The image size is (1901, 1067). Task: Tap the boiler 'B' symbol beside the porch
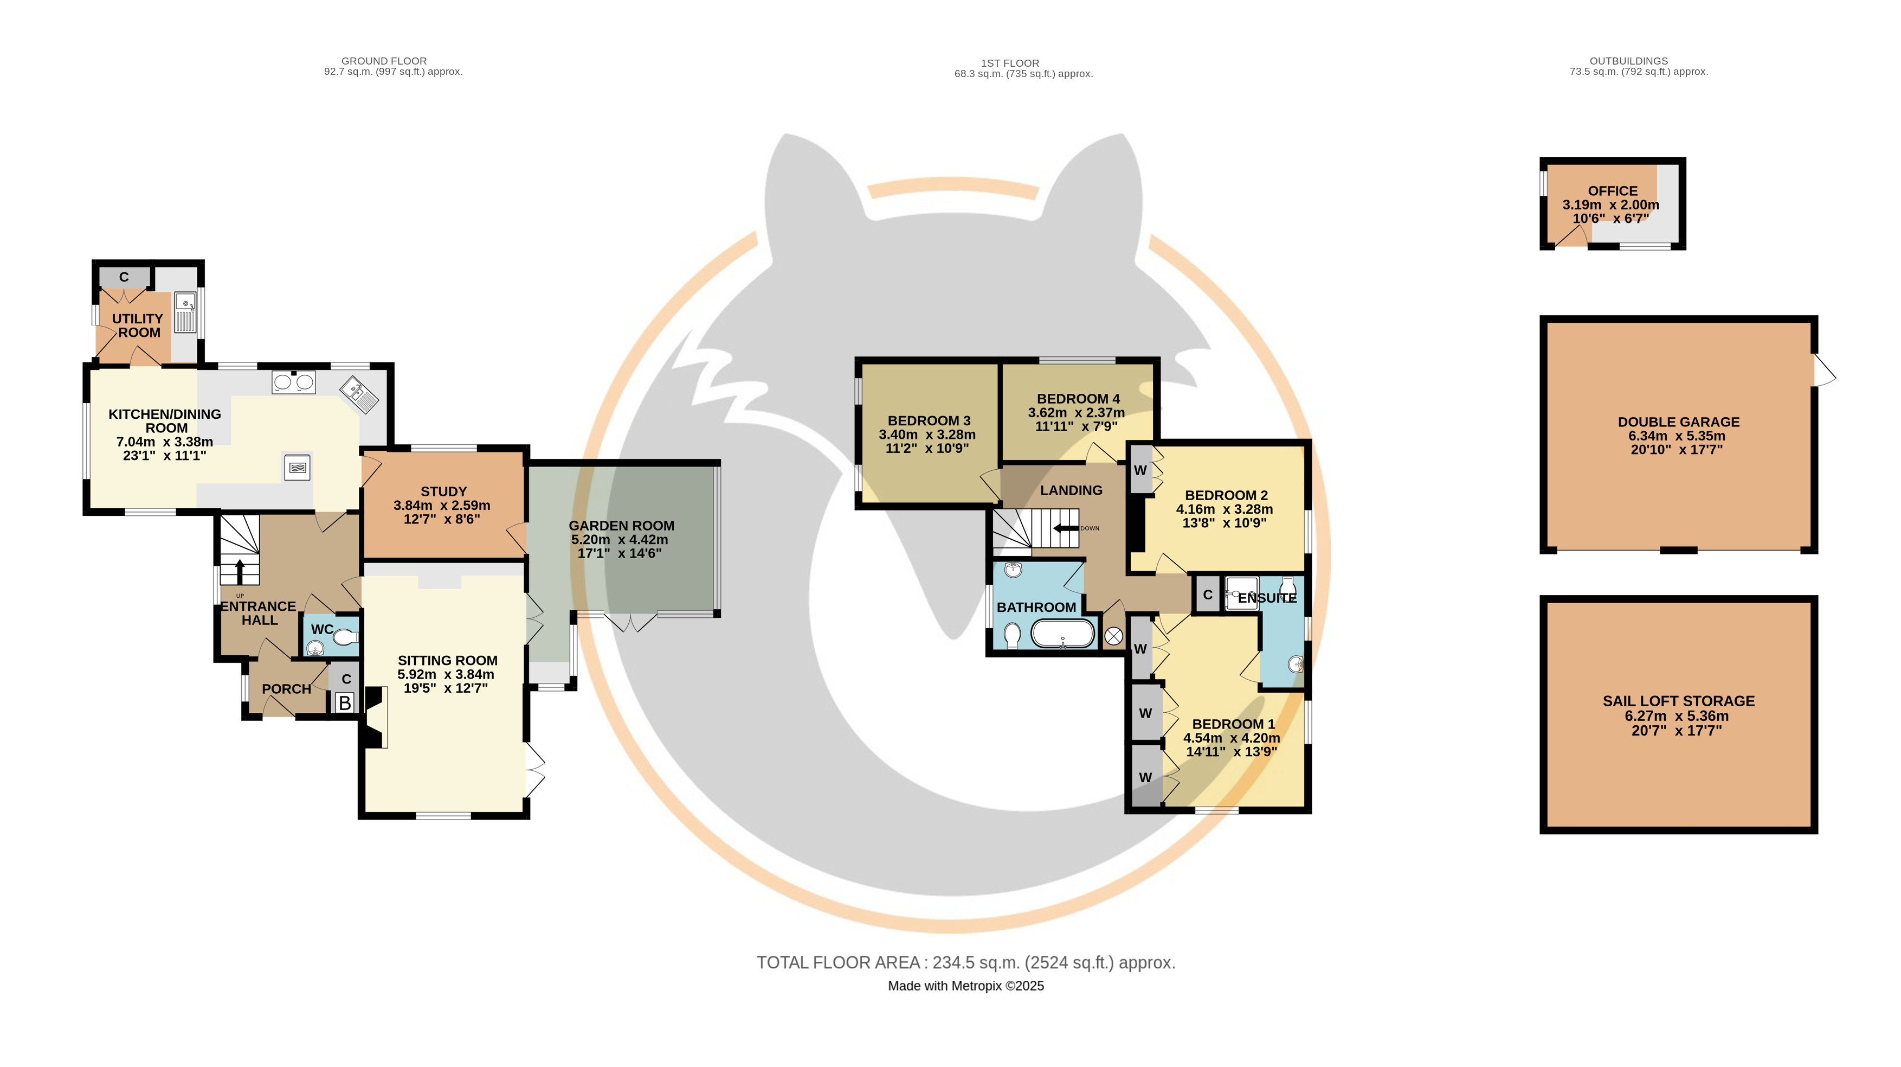pyautogui.click(x=345, y=703)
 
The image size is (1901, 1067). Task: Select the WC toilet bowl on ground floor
pyautogui.click(x=345, y=636)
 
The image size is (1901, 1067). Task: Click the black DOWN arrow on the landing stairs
pyautogui.click(x=1066, y=528)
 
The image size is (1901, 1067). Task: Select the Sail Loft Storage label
pyautogui.click(x=1679, y=701)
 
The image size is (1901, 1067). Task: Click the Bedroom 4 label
pyautogui.click(x=1078, y=399)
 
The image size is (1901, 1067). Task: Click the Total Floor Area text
pyautogui.click(x=966, y=963)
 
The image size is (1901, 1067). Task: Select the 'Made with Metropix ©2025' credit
pyautogui.click(x=966, y=986)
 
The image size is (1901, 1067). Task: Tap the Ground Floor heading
pyautogui.click(x=384, y=61)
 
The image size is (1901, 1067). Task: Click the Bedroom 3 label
pyautogui.click(x=929, y=421)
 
